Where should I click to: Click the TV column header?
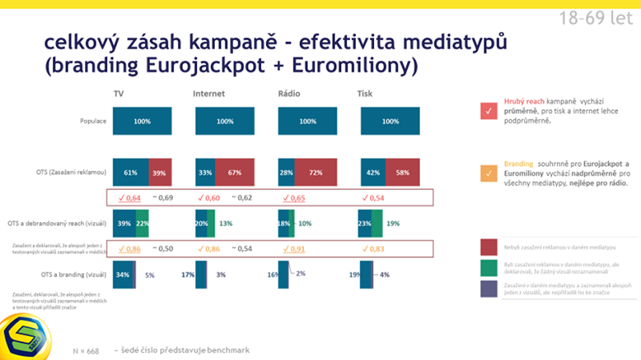118,95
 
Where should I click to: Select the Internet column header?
208,95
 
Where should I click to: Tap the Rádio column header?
289,95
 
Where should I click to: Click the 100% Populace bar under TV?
142,122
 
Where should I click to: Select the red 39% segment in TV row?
159,173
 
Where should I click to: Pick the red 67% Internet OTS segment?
235,173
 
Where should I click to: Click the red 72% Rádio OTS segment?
316,173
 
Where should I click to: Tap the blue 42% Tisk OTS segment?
373,173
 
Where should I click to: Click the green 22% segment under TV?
142,224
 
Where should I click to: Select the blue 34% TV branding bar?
122,274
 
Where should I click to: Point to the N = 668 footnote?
86,351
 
